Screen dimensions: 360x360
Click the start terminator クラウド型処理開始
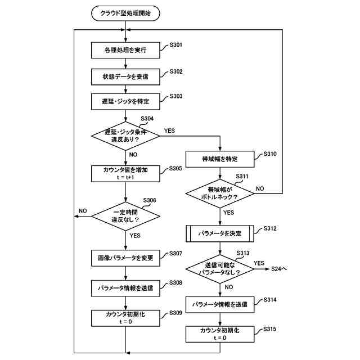pyautogui.click(x=125, y=13)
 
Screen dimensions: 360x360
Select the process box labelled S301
pyautogui.click(x=125, y=50)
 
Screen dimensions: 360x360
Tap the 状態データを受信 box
pyautogui.click(x=125, y=76)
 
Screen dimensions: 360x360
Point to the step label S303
pyautogui.click(x=176, y=96)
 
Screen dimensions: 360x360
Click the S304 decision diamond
pyautogui.click(x=125, y=136)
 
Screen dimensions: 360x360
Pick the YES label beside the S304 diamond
pyautogui.click(x=169, y=130)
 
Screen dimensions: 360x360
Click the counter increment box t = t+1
pyautogui.click(x=125, y=174)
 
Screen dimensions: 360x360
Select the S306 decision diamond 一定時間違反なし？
pyautogui.click(x=125, y=216)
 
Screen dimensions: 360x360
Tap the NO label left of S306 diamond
pyautogui.click(x=83, y=211)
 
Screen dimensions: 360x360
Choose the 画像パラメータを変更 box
pyautogui.click(x=125, y=258)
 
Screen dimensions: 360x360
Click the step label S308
pyautogui.click(x=175, y=282)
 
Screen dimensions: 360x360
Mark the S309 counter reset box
pyautogui.click(x=125, y=318)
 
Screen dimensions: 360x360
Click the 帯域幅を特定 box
pyautogui.click(x=220, y=159)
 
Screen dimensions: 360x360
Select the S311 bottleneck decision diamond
pyautogui.click(x=220, y=193)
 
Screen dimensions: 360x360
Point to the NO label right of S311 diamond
pyautogui.click(x=260, y=188)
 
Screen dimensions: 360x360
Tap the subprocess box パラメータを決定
pyautogui.click(x=220, y=233)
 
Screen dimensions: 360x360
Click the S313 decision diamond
pyautogui.click(x=220, y=269)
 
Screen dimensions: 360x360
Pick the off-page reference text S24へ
pyautogui.click(x=279, y=269)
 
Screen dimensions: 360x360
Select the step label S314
pyautogui.click(x=270, y=300)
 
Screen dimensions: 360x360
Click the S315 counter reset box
pyautogui.click(x=220, y=334)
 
